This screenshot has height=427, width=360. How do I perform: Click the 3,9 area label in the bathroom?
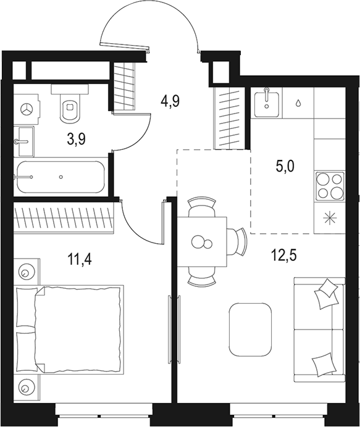[76, 139]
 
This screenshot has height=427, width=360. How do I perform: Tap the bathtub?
[61, 177]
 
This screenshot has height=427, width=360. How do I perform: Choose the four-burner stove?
[330, 186]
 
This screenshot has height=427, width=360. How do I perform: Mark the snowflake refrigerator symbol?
[329, 218]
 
